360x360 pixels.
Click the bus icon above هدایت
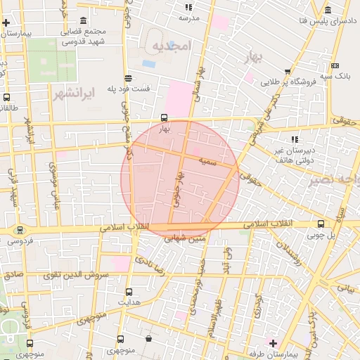(129, 292)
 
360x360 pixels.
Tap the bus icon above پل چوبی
(321, 224)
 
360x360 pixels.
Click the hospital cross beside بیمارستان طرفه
(274, 342)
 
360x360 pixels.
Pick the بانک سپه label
(335, 74)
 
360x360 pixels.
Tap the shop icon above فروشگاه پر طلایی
(288, 72)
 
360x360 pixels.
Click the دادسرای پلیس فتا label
(328, 22)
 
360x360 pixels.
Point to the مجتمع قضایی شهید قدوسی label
(84, 37)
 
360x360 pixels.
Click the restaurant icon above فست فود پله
(127, 78)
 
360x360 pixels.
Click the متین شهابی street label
(186, 239)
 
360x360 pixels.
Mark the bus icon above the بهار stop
(164, 118)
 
